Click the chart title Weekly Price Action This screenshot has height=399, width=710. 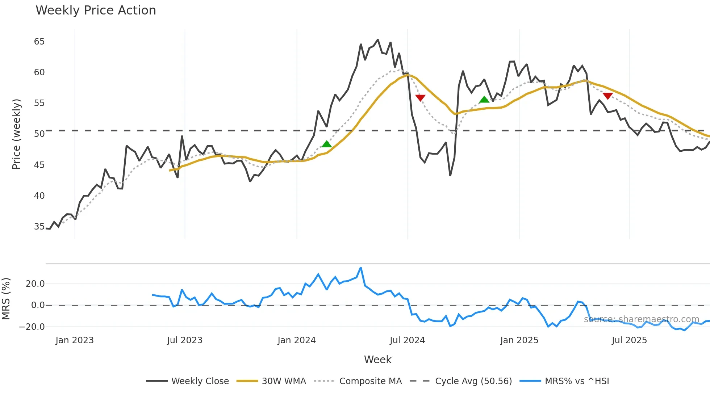click(x=96, y=10)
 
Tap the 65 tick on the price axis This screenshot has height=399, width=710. click(x=39, y=42)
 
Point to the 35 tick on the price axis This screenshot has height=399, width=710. click(x=39, y=227)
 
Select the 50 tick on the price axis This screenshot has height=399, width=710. click(x=39, y=134)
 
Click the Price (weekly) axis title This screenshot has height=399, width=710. click(x=16, y=134)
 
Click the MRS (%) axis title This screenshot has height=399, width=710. click(x=6, y=299)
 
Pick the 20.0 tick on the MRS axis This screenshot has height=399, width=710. click(x=35, y=284)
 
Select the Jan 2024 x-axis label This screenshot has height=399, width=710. click(x=296, y=340)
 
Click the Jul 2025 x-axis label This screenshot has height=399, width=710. click(x=629, y=340)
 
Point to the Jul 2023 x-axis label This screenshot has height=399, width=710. click(x=185, y=340)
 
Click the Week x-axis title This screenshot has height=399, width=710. click(x=377, y=360)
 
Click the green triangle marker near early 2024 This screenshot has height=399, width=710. click(x=327, y=144)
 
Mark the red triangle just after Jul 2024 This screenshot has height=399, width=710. click(x=420, y=98)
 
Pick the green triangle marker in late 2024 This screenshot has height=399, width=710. click(x=484, y=100)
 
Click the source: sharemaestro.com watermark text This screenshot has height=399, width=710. click(x=641, y=319)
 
